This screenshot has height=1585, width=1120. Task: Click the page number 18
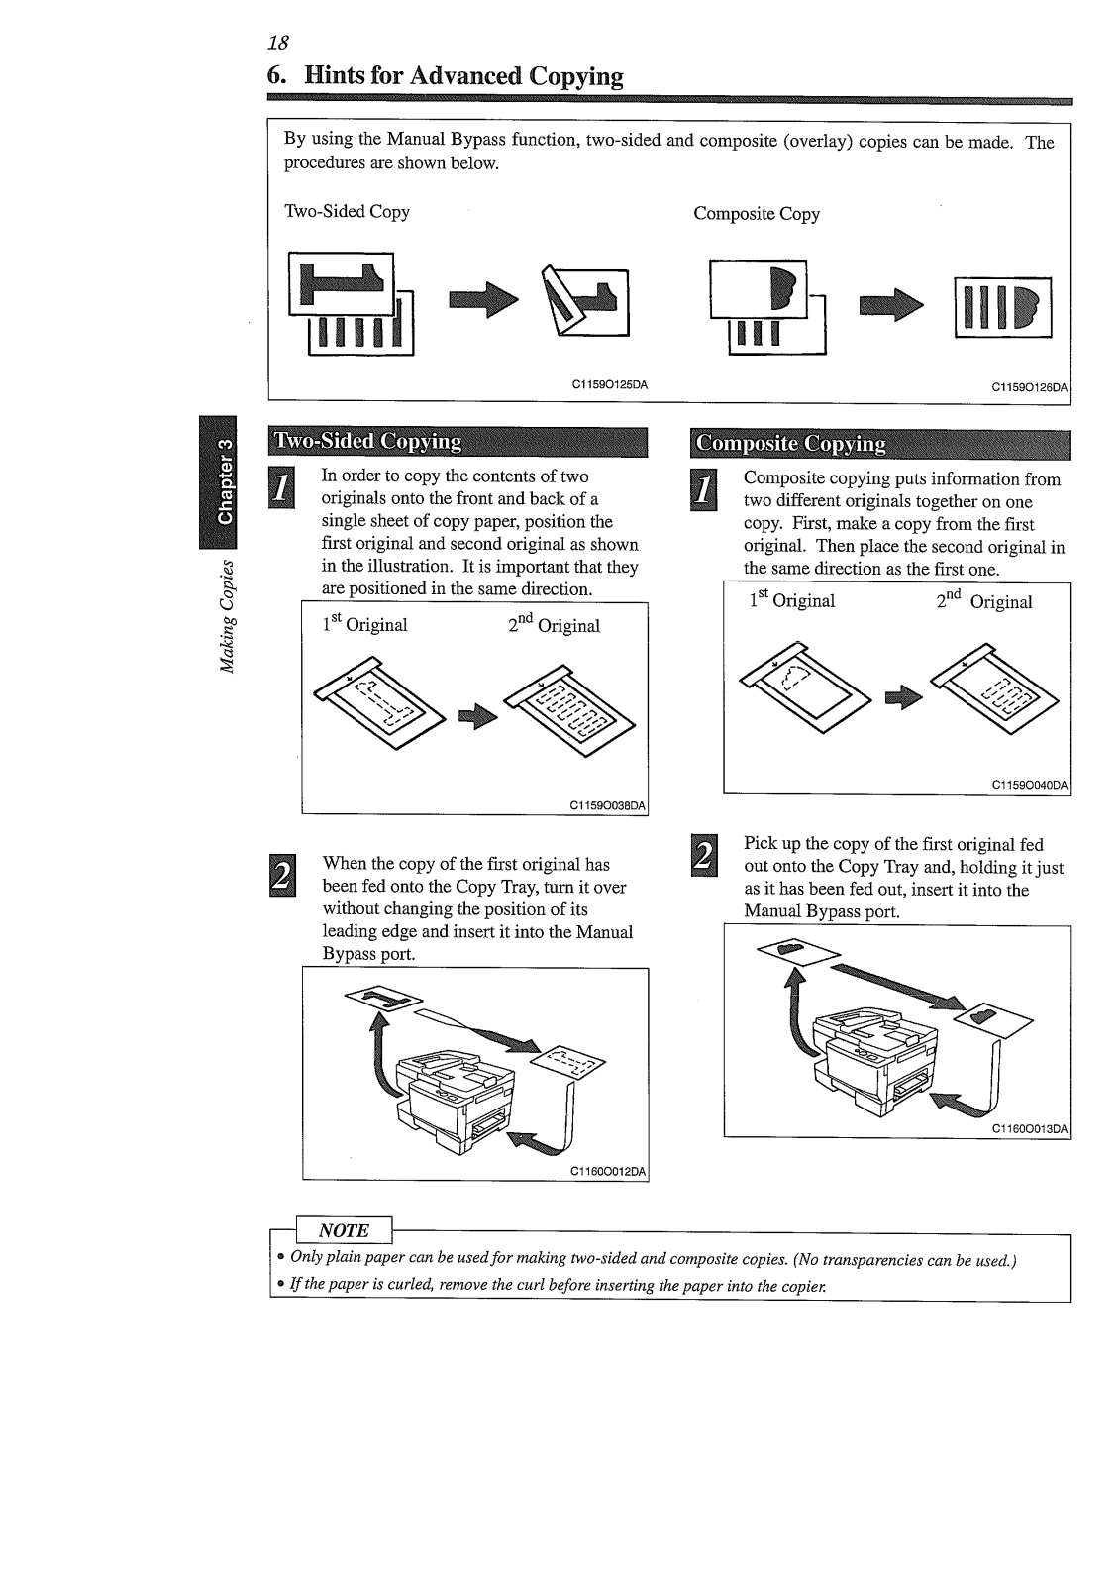(277, 42)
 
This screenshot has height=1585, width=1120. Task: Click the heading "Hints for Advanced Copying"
(463, 76)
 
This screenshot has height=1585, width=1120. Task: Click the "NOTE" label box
(343, 1230)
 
